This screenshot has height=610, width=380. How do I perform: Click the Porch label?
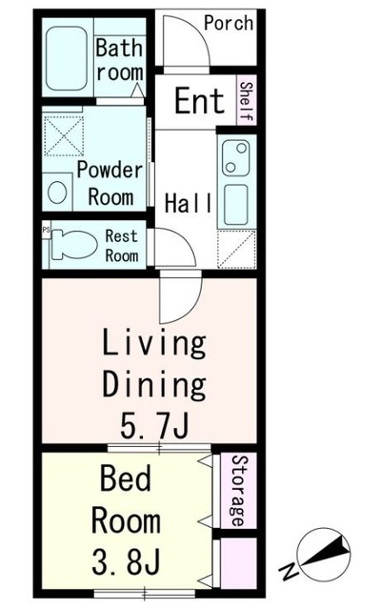[229, 23]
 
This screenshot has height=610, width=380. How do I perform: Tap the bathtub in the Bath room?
[66, 58]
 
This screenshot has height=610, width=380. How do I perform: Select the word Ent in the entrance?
[200, 101]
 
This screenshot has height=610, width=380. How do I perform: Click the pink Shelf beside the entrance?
[247, 101]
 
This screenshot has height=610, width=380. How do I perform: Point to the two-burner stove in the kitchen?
[236, 158]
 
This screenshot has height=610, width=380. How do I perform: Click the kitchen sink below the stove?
[236, 204]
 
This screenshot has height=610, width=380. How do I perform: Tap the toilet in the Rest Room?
[74, 244]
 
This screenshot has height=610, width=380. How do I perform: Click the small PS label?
[47, 230]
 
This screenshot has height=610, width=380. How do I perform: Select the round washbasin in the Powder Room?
[57, 193]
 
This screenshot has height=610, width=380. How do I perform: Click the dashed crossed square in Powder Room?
[63, 136]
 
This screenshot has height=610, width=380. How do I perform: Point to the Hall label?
[189, 203]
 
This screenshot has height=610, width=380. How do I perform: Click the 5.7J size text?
[154, 425]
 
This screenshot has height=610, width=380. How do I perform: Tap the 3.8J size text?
[126, 561]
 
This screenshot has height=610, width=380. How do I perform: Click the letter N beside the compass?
[290, 571]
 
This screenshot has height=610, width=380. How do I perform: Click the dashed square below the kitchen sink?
[236, 250]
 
